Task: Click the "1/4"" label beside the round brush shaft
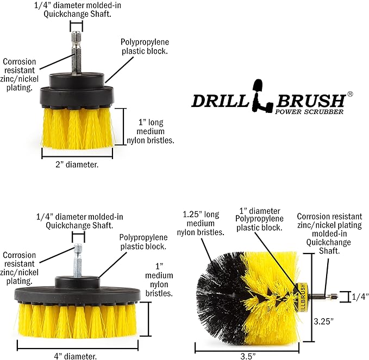(x=359, y=296)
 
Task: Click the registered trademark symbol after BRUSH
(x=350, y=93)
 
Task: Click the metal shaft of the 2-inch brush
(x=77, y=52)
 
